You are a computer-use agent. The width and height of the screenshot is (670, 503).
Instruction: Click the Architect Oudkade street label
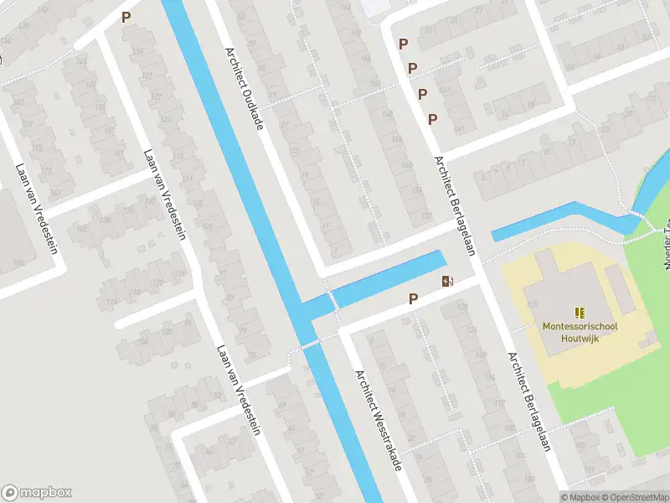pyautogui.click(x=244, y=86)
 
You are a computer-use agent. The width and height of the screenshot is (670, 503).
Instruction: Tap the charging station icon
pyautogui.click(x=446, y=282)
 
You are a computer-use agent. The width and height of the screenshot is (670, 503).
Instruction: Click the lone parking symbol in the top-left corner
pyautogui.click(x=126, y=17)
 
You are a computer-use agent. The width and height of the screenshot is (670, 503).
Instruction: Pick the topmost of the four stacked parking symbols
pyautogui.click(x=403, y=44)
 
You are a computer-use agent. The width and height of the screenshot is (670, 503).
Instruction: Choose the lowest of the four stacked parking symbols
pyautogui.click(x=432, y=119)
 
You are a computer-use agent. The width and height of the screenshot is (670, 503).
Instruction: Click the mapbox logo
pyautogui.click(x=37, y=492)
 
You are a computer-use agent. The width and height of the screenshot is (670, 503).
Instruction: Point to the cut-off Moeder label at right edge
pyautogui.click(x=667, y=238)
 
